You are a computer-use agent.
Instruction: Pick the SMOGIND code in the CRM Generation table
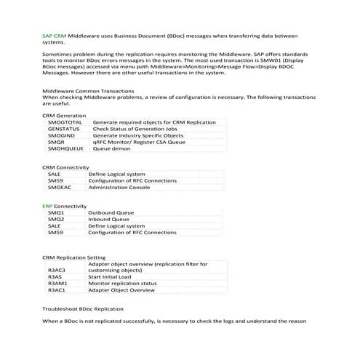tap(62, 136)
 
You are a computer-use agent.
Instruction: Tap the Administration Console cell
tap(121, 188)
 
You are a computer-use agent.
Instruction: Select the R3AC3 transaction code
tap(57, 270)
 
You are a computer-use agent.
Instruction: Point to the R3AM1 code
tap(57, 284)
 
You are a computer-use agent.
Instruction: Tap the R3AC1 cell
tap(57, 290)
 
